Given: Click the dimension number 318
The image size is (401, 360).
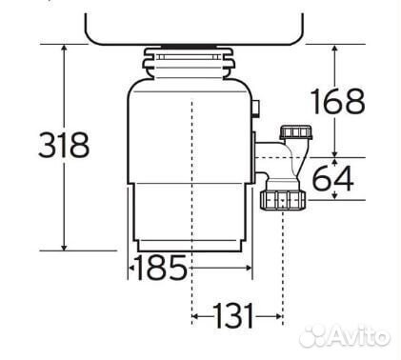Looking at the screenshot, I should point(63,146).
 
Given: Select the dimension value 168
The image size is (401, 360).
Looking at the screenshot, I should point(339,101).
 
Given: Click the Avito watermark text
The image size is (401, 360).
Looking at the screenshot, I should point(359,337).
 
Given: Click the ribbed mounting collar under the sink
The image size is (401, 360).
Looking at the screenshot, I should point(190,64).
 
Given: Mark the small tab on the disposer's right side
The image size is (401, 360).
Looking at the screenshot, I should point(258,110).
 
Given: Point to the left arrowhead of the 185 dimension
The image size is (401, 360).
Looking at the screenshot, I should point(131,270).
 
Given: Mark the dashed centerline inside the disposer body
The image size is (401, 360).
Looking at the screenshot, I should point(191,171).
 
